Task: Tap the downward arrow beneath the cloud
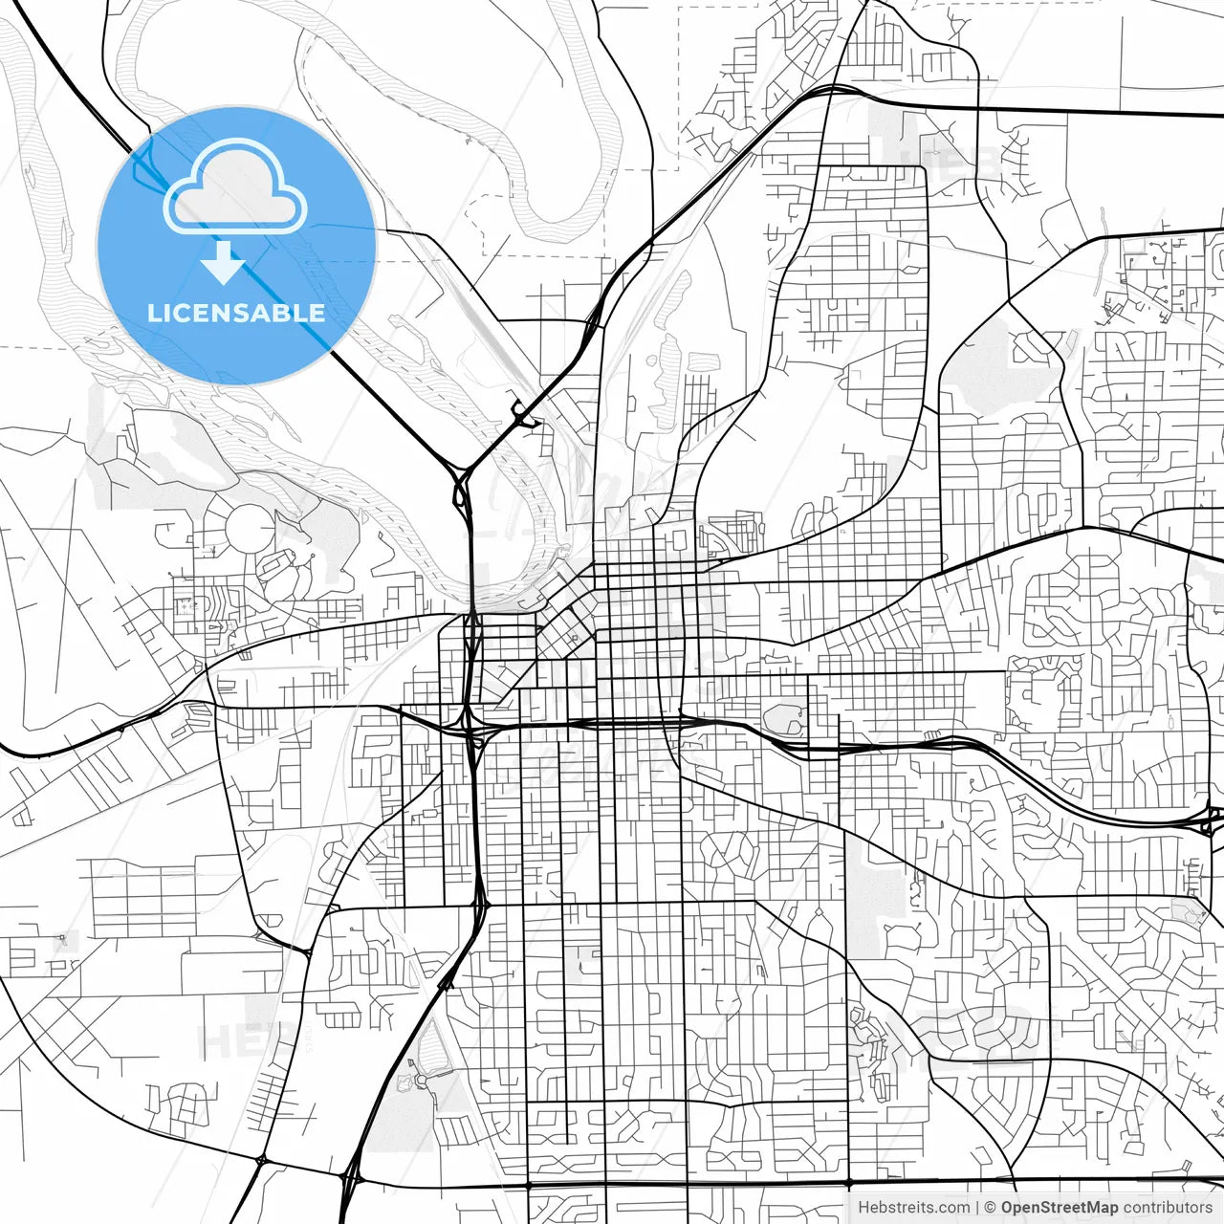pyautogui.click(x=224, y=262)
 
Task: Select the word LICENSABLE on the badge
pyautogui.click(x=235, y=313)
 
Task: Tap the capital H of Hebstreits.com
pyautogui.click(x=863, y=1208)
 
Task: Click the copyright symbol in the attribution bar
pyautogui.click(x=990, y=1208)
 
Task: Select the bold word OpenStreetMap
pyautogui.click(x=1060, y=1208)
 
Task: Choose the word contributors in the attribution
pyautogui.click(x=1168, y=1208)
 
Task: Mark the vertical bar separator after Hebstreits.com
pyautogui.click(x=976, y=1208)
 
